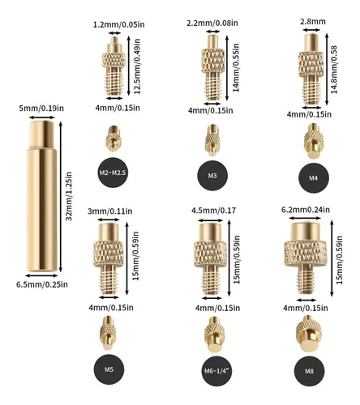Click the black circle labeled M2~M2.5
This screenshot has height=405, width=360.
(113, 173)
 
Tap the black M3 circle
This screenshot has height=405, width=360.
(212, 176)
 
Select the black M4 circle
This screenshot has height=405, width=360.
(314, 178)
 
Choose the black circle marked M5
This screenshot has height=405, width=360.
(109, 369)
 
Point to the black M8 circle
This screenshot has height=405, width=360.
(310, 371)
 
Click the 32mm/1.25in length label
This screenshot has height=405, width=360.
(69, 196)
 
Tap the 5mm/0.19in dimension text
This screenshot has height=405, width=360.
(41, 109)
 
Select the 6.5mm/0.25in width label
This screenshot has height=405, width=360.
(42, 284)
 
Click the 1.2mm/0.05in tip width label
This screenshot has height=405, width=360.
(119, 24)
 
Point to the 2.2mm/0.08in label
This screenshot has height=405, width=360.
(212, 23)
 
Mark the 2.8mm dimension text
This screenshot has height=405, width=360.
(313, 22)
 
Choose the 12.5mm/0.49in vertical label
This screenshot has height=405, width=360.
(137, 66)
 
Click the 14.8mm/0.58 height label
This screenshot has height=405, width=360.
(334, 70)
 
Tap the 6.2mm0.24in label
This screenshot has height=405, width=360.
(306, 210)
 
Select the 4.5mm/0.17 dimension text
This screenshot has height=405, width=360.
(213, 210)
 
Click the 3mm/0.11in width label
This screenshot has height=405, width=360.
(110, 211)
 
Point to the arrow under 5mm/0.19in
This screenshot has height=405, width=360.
(42, 117)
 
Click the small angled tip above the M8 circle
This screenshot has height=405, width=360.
(309, 334)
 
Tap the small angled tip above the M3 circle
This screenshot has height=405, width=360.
(212, 140)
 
